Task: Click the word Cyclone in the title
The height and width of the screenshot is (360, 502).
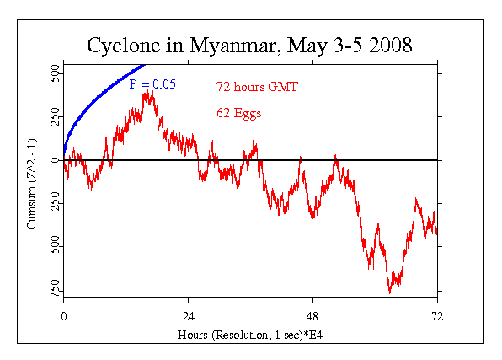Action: point(123,45)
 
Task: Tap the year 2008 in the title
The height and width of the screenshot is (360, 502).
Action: point(387,45)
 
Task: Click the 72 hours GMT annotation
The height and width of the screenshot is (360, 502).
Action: point(257,86)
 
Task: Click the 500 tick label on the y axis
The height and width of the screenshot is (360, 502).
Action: point(53,74)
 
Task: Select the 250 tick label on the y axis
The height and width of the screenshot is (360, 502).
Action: point(53,117)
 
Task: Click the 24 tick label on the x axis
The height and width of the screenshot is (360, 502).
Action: point(189,316)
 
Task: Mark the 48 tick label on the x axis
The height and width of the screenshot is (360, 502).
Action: point(313,316)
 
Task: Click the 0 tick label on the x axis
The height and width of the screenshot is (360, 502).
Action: point(64,316)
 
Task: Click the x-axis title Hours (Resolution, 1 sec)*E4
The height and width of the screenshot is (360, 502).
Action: point(250,335)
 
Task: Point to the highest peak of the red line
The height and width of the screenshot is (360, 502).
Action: point(147,89)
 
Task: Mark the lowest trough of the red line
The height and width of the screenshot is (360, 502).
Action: point(390,292)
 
